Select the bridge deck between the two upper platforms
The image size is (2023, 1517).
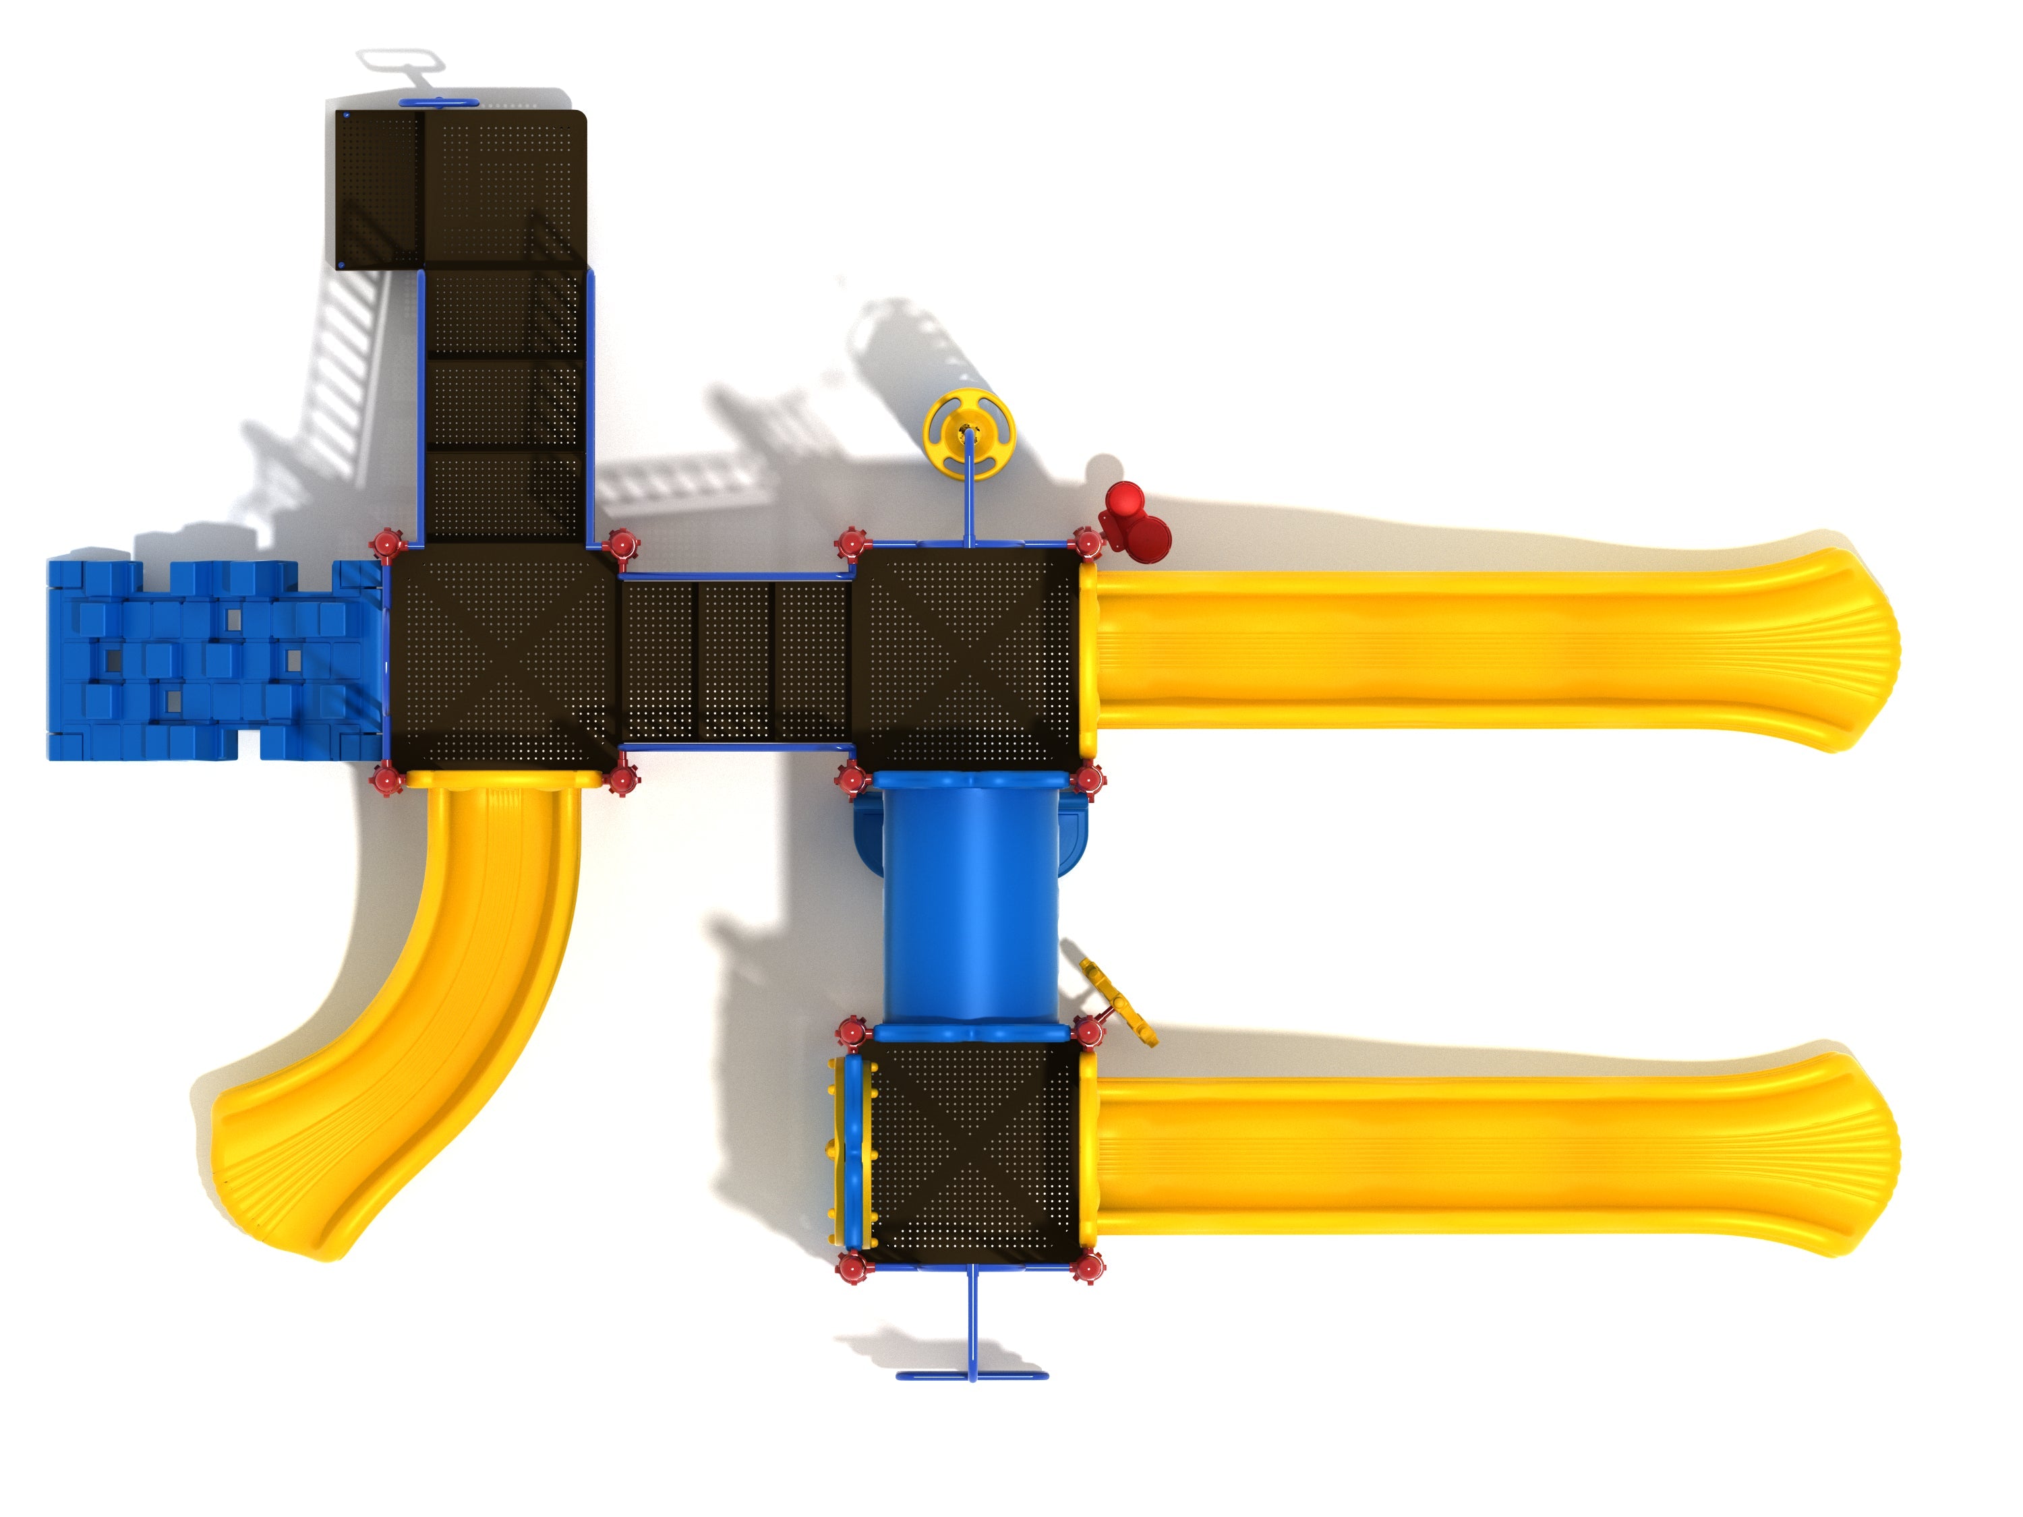tap(736, 660)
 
